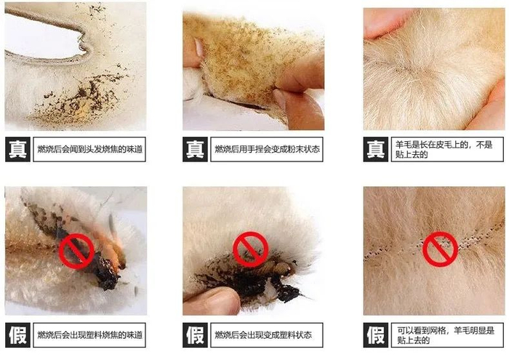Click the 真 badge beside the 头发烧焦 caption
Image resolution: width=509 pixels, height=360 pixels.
(17, 149)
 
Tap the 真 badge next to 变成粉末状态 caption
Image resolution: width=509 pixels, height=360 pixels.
(195, 149)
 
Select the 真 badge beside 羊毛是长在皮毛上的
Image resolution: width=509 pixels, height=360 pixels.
(376, 149)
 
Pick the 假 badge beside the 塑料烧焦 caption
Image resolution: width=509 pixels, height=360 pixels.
(17, 335)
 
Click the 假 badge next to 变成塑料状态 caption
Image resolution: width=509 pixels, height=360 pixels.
(195, 335)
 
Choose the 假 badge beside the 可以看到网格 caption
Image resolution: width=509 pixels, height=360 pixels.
(376, 335)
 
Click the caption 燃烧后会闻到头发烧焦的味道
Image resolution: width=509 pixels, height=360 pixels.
(90, 149)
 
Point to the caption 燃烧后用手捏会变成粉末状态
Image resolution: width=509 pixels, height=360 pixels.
(267, 149)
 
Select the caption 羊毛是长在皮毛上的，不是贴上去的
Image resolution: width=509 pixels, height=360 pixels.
(444, 149)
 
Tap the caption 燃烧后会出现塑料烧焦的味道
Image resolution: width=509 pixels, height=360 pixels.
(90, 335)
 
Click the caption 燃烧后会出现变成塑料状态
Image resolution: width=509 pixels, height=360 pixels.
(263, 335)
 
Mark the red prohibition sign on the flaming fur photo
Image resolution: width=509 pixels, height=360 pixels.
(76, 251)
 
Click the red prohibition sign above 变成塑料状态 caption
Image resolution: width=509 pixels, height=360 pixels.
(251, 249)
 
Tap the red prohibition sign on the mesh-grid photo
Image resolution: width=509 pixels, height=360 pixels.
(440, 249)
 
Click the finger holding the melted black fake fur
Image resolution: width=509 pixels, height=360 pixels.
(212, 301)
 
